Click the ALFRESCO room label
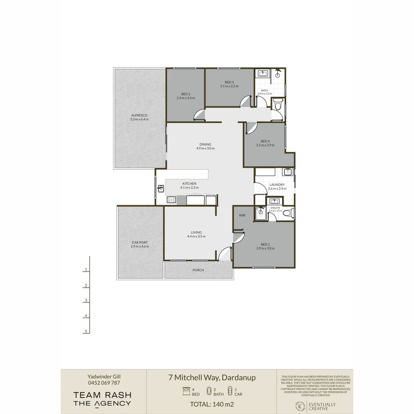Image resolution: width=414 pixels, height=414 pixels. coord(139,115)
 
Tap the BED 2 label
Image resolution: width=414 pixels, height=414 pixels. coord(186,94)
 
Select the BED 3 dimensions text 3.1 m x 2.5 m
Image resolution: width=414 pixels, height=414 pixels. coord(229,86)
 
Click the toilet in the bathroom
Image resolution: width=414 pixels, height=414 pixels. coord(278,104)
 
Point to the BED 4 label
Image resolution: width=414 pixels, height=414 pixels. coord(265,141)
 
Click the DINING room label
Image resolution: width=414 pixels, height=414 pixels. coord(205,144)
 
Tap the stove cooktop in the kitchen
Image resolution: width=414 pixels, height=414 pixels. coord(171,200)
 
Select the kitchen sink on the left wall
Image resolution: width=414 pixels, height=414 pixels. coord(161,188)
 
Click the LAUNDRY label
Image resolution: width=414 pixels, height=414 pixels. coord(277,184)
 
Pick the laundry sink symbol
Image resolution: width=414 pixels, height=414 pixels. coord(288,172)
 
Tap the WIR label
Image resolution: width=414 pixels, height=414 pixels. coord(242,215)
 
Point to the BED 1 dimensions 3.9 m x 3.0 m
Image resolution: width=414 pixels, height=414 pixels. coord(265,248)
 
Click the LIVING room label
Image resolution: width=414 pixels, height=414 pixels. coord(196,232)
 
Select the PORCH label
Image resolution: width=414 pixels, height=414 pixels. coord(198,270)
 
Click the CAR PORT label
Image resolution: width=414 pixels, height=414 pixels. coord(140,242)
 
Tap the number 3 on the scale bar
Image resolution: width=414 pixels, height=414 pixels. coord(86,301)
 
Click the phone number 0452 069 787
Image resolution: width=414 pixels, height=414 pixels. coord(103,383)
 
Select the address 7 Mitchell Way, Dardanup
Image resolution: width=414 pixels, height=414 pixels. coord(212,377)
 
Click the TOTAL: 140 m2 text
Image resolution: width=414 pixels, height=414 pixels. coord(212,404)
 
